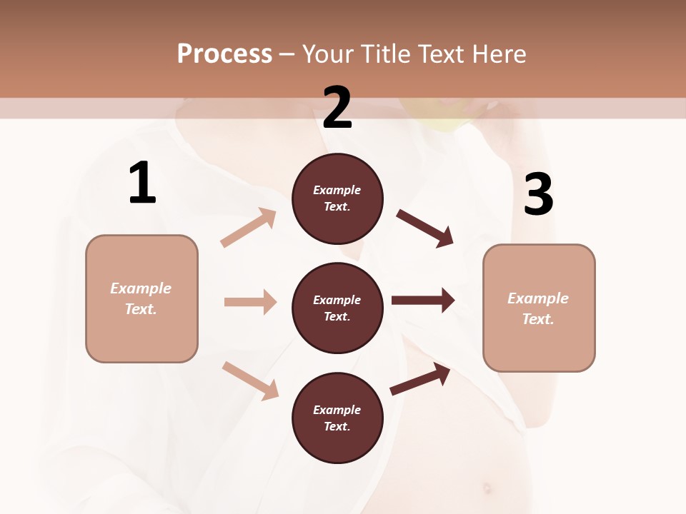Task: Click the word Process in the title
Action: [x=224, y=54]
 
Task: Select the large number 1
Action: [x=142, y=183]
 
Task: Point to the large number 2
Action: [x=337, y=107]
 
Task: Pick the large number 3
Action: [x=538, y=195]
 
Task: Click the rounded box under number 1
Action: [x=141, y=298]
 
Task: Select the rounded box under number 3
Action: [x=539, y=308]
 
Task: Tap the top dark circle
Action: [x=337, y=198]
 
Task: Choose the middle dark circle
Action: [x=337, y=308]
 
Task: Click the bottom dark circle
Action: [x=337, y=418]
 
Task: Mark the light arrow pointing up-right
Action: [x=249, y=228]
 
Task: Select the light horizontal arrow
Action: [x=250, y=302]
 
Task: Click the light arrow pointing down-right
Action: [x=250, y=381]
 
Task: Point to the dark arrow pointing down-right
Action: [x=425, y=228]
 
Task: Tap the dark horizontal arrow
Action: [x=423, y=301]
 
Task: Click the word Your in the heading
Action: [x=329, y=54]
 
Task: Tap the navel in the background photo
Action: [x=487, y=489]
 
